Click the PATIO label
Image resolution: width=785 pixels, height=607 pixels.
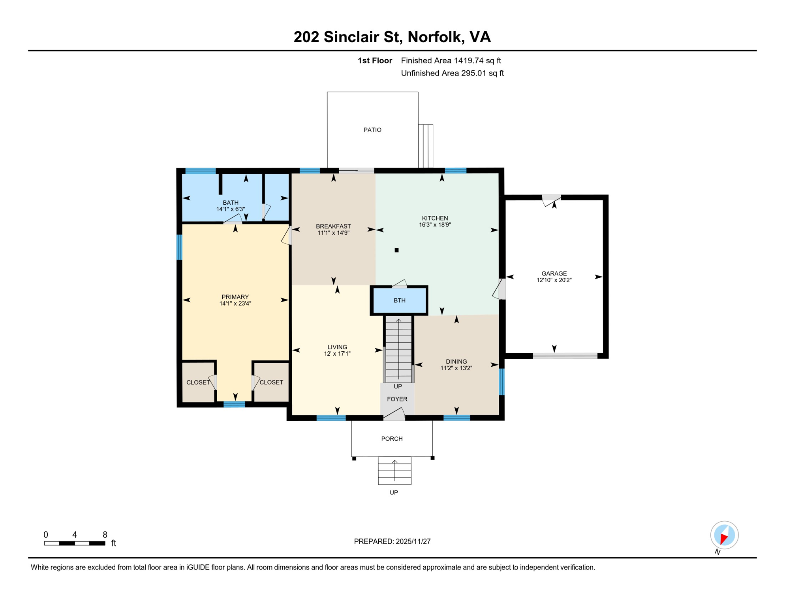click(x=372, y=130)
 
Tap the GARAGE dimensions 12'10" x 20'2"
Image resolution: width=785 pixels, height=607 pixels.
click(x=554, y=280)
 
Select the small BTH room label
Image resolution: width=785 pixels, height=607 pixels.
click(x=399, y=301)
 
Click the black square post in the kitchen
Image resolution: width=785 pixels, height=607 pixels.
click(x=396, y=250)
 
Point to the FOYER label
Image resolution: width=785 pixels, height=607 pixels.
click(x=397, y=399)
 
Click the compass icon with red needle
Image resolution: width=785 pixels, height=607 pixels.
click(x=724, y=535)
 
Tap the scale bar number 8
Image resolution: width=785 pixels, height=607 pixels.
click(x=105, y=535)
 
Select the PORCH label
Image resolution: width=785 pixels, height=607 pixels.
click(x=392, y=439)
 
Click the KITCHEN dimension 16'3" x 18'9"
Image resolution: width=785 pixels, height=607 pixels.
click(x=435, y=225)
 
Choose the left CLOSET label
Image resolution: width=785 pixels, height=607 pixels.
click(x=198, y=383)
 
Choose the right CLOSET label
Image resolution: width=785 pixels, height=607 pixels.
click(x=271, y=383)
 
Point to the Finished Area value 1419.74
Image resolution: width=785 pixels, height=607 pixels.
click(x=468, y=61)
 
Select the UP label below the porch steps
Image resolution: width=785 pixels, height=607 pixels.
click(x=394, y=493)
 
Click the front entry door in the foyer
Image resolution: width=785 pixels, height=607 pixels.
click(x=394, y=415)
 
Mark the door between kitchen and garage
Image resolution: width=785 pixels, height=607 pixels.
click(x=501, y=289)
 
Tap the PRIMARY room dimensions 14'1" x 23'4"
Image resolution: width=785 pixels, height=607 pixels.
click(x=235, y=304)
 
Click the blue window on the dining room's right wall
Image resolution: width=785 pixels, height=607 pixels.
click(x=501, y=382)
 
